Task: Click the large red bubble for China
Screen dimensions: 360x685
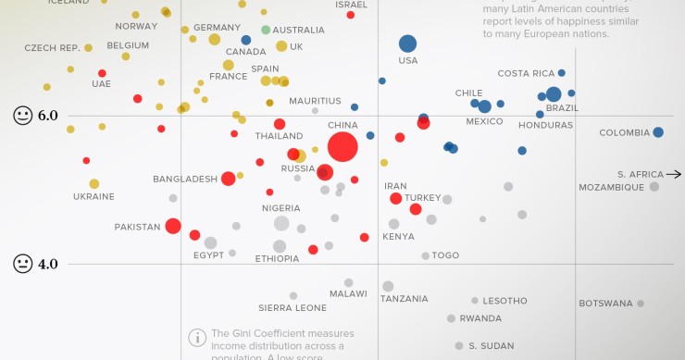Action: [x=342, y=146]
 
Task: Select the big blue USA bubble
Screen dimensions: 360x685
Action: [x=407, y=43]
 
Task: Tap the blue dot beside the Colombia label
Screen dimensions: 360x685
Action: [x=658, y=132]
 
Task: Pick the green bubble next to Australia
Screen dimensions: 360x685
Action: [x=266, y=30]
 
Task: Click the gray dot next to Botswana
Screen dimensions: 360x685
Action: [x=640, y=304]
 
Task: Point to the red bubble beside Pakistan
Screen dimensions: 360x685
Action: [x=173, y=226]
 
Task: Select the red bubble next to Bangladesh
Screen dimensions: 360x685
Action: [x=228, y=179]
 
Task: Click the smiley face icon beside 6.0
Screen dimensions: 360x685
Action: [x=22, y=116]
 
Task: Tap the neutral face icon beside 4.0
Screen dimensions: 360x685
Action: [x=22, y=264]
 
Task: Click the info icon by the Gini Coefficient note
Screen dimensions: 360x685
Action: [x=196, y=337]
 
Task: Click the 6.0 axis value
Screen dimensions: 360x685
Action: [x=48, y=116]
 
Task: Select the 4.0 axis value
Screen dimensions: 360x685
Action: [x=48, y=264]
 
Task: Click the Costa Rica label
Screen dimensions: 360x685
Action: [x=526, y=73]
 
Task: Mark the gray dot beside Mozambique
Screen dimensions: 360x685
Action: [x=654, y=187]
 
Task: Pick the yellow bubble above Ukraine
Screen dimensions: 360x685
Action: [x=94, y=184]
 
